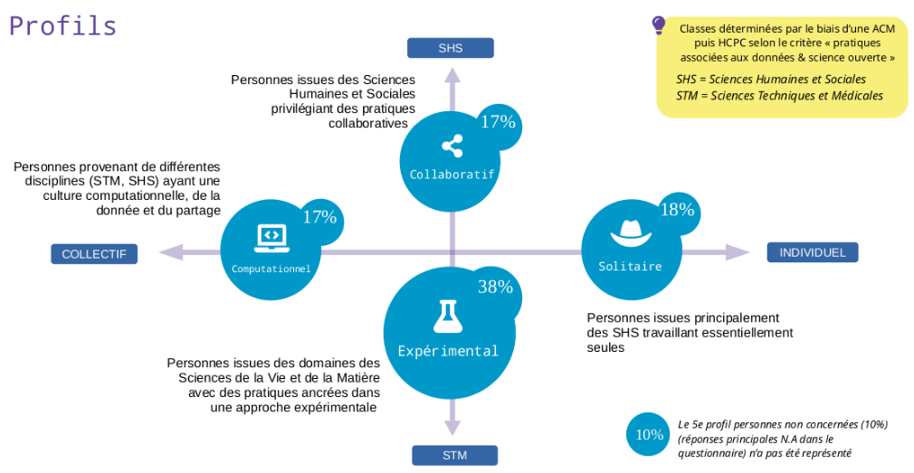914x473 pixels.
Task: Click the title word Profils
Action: [63, 25]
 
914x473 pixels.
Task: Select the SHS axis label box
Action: [450, 48]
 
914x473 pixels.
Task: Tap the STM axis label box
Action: [454, 455]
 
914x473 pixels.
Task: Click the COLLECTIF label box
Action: [94, 254]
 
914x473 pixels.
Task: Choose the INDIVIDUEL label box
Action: [812, 252]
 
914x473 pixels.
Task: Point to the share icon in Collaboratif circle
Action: [452, 146]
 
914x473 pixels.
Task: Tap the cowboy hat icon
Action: [630, 234]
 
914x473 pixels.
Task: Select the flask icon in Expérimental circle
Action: [447, 315]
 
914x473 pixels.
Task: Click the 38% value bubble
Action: [495, 288]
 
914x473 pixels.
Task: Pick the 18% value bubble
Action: [677, 210]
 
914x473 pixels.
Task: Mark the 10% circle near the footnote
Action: [649, 434]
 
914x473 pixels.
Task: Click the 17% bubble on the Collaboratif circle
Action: [497, 122]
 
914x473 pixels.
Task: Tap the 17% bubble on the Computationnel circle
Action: [319, 217]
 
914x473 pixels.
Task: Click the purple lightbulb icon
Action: [659, 25]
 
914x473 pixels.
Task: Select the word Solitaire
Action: [630, 267]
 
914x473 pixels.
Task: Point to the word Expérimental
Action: [448, 351]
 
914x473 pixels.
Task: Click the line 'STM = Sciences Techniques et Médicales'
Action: [779, 96]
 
